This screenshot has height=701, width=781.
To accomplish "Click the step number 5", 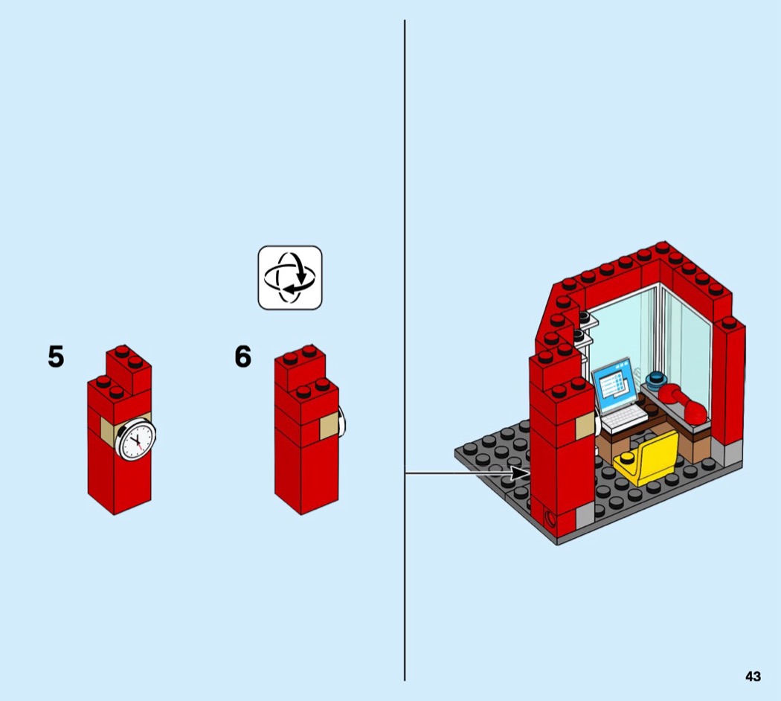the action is tap(56, 356).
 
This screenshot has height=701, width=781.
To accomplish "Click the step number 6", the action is tap(243, 356).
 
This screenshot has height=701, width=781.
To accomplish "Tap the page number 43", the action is tap(753, 676).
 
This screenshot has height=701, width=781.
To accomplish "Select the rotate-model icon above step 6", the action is tap(290, 278).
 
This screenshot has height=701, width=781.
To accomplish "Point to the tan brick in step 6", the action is tap(329, 427).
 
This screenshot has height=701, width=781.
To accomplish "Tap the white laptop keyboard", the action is tap(624, 418).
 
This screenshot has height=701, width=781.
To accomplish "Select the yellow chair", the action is tap(647, 459).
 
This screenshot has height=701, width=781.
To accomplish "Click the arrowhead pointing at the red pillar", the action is tap(521, 473).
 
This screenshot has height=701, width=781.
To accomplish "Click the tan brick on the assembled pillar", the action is tap(585, 426).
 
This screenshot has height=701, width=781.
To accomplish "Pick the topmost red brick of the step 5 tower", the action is tap(129, 368).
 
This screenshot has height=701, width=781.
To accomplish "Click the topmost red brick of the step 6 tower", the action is tap(300, 366).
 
